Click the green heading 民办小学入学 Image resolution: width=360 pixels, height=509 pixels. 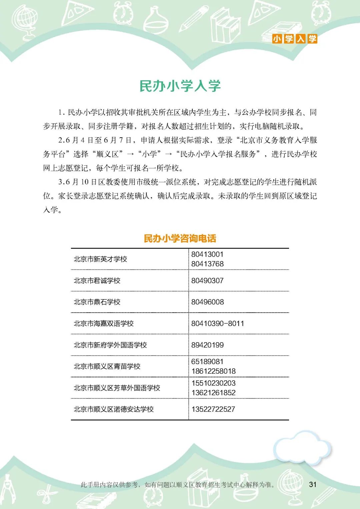[x=180, y=86]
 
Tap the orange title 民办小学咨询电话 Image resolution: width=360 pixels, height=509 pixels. [x=180, y=238]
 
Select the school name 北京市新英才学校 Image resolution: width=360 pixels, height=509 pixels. [x=100, y=259]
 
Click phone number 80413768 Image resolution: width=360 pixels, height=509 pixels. [x=207, y=264]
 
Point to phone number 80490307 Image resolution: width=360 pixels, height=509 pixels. [x=207, y=281]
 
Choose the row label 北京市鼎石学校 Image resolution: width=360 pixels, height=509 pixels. [x=97, y=302]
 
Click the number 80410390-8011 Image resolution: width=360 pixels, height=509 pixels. [x=218, y=323]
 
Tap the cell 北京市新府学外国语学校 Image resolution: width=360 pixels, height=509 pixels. [x=110, y=345]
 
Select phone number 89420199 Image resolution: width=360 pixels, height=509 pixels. [x=207, y=345]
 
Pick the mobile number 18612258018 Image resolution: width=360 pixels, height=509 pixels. [x=213, y=371]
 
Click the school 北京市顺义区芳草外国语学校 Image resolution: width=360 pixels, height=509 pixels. [x=117, y=388]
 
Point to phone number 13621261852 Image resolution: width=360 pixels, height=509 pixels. [x=213, y=393]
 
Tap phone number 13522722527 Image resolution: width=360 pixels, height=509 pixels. [x=213, y=409]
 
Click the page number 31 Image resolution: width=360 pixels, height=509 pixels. [x=313, y=484]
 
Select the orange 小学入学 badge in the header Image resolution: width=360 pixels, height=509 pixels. [x=295, y=39]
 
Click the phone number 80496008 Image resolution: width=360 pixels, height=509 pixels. [x=207, y=302]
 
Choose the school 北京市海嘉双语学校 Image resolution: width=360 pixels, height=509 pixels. [x=104, y=323]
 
